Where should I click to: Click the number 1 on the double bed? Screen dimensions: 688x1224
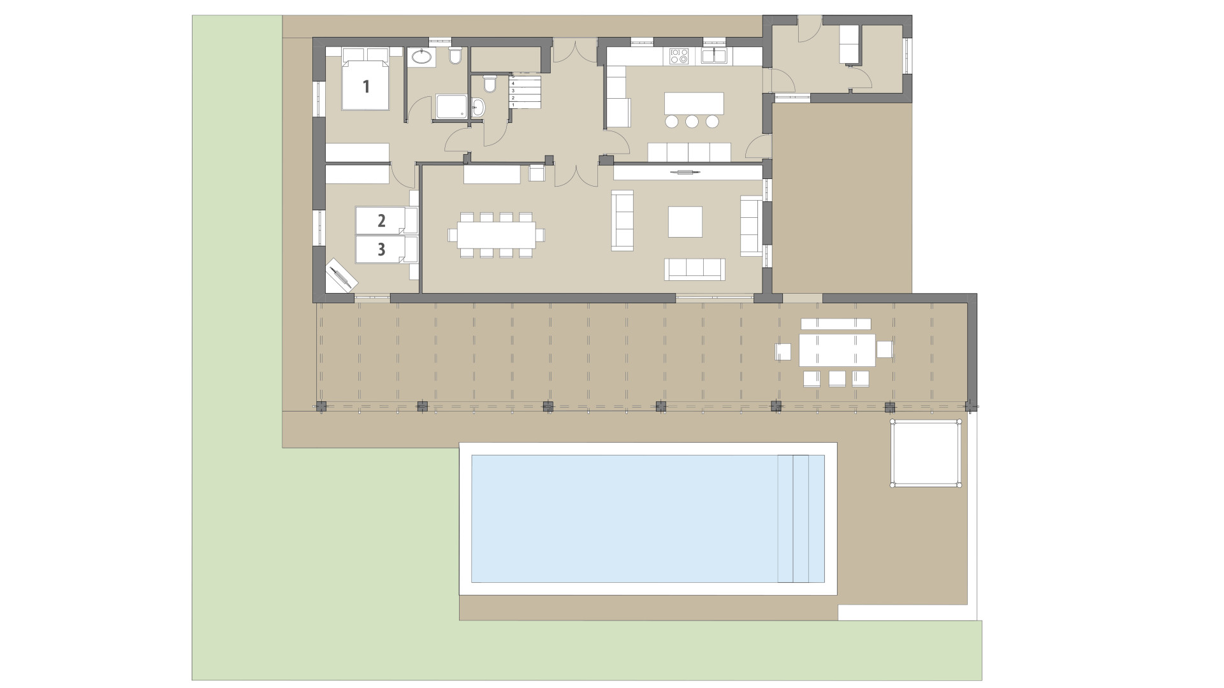[x=366, y=86]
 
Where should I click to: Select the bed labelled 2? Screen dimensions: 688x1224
[x=381, y=220]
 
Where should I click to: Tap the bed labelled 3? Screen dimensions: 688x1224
[x=381, y=249]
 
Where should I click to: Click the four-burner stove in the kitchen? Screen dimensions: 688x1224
[x=678, y=57]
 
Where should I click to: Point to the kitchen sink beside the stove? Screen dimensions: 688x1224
[x=715, y=57]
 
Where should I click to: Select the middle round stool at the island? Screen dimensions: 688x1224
[x=693, y=121]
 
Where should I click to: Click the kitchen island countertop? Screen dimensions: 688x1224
[x=694, y=103]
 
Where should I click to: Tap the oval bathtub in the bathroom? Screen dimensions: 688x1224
[x=421, y=57]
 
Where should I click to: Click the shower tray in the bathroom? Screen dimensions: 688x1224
[x=452, y=107]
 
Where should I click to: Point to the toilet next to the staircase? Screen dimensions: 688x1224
[x=490, y=83]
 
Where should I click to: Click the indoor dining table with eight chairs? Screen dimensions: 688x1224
[x=496, y=234]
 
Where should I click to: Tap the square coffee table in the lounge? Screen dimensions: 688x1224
[x=685, y=222]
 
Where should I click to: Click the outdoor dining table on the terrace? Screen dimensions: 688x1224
[x=836, y=350]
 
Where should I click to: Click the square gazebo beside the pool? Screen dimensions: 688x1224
[x=926, y=453]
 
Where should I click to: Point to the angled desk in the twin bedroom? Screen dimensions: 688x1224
[x=341, y=275]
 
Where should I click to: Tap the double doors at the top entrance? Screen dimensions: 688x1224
[x=574, y=50]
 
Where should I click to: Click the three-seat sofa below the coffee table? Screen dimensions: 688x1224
[x=694, y=269]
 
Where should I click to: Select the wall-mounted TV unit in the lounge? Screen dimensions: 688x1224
[x=688, y=172]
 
